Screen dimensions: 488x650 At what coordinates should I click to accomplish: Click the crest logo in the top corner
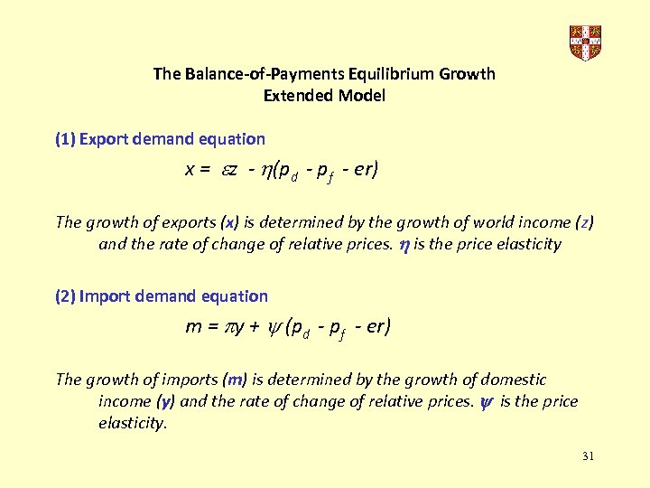[585, 43]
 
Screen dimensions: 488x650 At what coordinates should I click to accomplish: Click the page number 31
[588, 456]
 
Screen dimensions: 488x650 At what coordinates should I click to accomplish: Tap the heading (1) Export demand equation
[160, 139]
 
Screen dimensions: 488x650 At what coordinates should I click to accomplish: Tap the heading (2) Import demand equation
[162, 296]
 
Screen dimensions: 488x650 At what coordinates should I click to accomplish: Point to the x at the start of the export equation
[190, 169]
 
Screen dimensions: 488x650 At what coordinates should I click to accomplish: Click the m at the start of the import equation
[192, 326]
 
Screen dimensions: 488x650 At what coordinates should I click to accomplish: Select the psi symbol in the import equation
[273, 327]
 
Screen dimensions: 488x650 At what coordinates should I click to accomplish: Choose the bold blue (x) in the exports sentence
[230, 222]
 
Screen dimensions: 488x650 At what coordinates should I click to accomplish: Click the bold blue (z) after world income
[585, 222]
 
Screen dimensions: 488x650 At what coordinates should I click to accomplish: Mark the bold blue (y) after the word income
[165, 401]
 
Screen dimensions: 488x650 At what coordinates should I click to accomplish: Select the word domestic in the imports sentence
[514, 380]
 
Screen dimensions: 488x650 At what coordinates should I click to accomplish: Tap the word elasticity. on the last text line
[133, 423]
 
